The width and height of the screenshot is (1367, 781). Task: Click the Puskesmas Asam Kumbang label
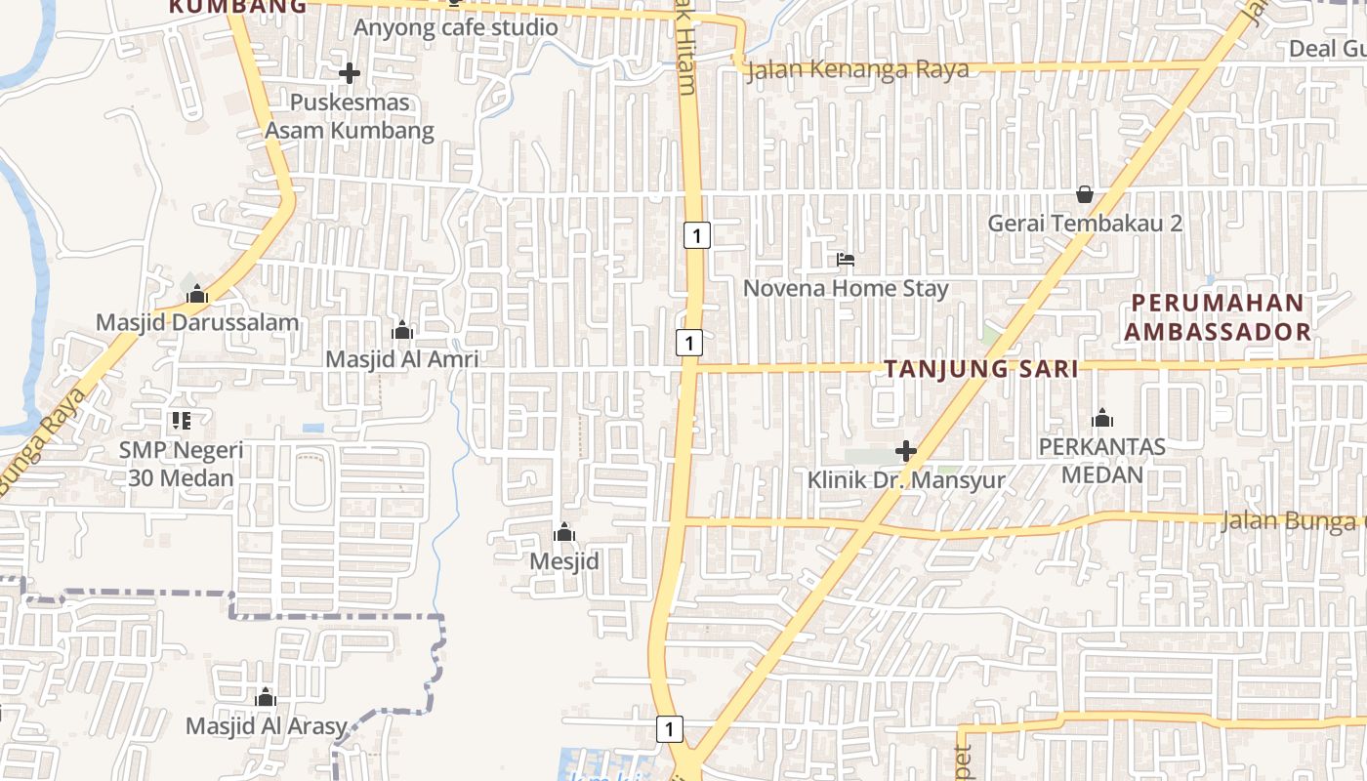coord(350,116)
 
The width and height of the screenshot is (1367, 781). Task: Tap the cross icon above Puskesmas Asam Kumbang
coord(350,73)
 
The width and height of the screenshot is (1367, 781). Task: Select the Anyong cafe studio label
coord(455,27)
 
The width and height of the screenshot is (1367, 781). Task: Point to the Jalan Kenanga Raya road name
coord(857,69)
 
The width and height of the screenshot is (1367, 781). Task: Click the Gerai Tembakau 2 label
coord(1085,223)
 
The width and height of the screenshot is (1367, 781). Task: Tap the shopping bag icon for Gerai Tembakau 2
coord(1084,194)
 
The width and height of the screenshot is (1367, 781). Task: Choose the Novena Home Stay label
coord(846,288)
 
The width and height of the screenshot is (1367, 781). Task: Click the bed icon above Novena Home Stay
coord(846,260)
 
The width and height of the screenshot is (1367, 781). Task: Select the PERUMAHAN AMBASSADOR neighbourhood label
coord(1217,316)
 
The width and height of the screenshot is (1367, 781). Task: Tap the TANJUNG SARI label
coord(981,369)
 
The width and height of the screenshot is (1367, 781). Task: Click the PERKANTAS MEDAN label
coord(1102,461)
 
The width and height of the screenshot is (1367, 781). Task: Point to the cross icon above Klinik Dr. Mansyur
coord(906,451)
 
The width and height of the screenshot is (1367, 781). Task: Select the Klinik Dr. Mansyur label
coord(906,480)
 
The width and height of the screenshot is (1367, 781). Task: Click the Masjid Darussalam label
coord(197,322)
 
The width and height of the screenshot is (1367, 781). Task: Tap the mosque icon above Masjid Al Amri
coord(402,331)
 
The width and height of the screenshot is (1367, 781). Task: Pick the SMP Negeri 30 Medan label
coord(181,464)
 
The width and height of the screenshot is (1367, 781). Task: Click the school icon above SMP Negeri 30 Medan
coord(181,421)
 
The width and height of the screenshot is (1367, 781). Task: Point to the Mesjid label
coord(564,561)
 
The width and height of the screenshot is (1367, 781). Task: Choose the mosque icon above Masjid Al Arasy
coord(266,698)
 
